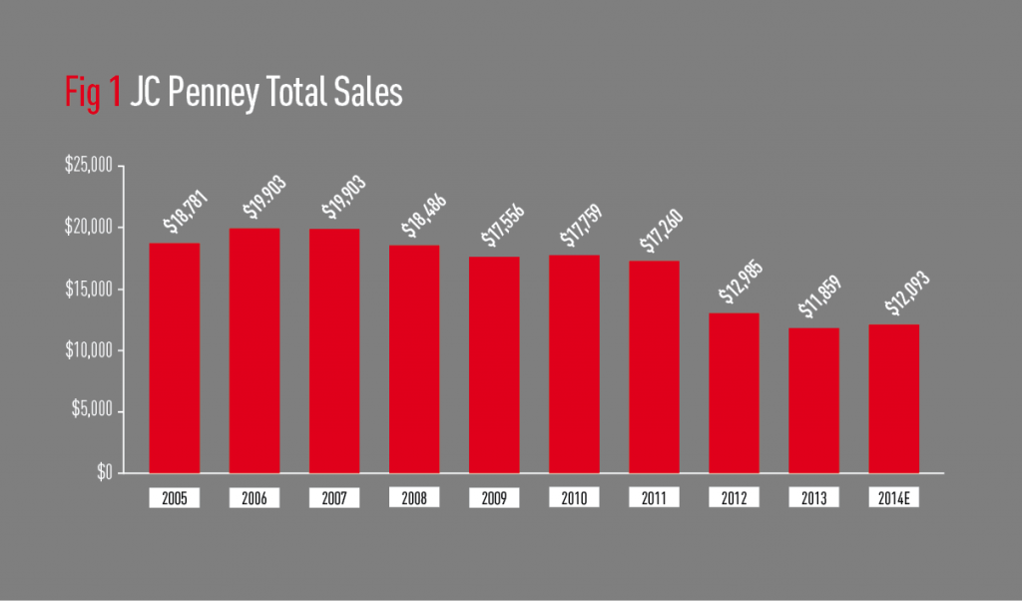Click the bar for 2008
pyautogui.click(x=414, y=358)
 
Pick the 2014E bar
pyautogui.click(x=893, y=398)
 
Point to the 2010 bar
pyautogui.click(x=574, y=363)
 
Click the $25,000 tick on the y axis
pyautogui.click(x=89, y=166)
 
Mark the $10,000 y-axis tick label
pyautogui.click(x=89, y=350)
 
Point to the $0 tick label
pyautogui.click(x=104, y=472)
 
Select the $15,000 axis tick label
pyautogui.click(x=89, y=290)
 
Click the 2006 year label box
pyautogui.click(x=255, y=497)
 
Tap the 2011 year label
pyautogui.click(x=654, y=497)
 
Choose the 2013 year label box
pyautogui.click(x=813, y=497)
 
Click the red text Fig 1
pyautogui.click(x=92, y=93)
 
